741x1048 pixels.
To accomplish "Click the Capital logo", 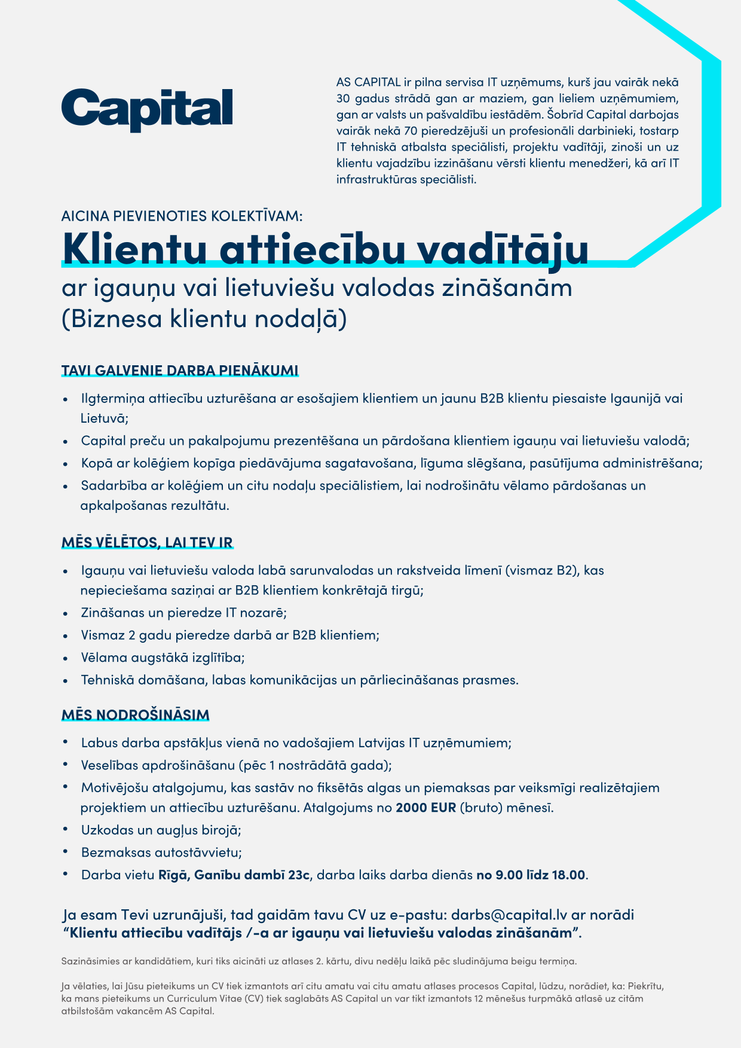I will [147, 110].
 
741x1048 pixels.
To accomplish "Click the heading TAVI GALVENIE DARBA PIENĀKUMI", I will [179, 371].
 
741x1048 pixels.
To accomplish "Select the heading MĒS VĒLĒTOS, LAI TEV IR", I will [147, 543].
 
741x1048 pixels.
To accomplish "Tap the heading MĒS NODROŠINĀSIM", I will [136, 715].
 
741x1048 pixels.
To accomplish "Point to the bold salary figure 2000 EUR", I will [426, 808].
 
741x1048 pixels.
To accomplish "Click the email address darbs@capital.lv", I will [509, 915].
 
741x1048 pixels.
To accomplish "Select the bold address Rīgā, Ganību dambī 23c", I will [234, 875].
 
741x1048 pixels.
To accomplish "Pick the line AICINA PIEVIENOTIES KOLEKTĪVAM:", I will [182, 216].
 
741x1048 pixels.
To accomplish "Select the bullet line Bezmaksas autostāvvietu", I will [161, 853].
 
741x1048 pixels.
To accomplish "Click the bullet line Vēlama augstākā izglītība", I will [163, 658].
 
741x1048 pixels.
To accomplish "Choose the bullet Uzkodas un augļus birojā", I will [161, 830].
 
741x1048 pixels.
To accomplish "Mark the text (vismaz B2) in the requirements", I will [542, 570].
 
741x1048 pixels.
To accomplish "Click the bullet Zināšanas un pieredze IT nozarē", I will [184, 613].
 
